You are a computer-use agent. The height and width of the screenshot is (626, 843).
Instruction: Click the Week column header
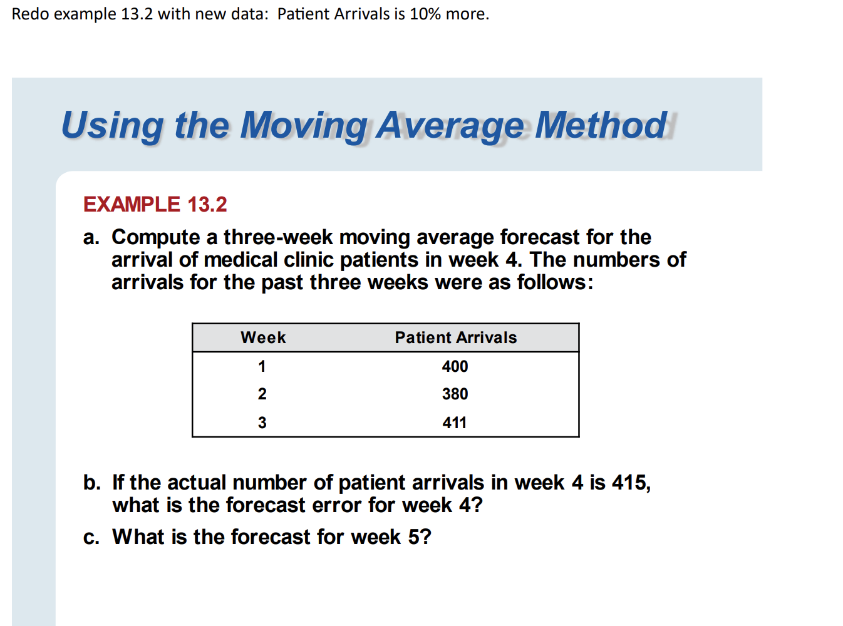pos(263,337)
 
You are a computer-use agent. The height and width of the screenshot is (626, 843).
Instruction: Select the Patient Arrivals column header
pos(455,337)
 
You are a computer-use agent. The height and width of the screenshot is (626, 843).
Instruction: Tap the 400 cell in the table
pos(455,366)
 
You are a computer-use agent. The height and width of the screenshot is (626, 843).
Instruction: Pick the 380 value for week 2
pos(455,394)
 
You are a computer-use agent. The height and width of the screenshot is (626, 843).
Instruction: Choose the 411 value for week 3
pos(455,423)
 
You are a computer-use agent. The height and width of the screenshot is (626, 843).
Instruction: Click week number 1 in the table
pos(262,366)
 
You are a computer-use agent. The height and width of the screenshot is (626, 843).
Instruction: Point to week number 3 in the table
pos(262,423)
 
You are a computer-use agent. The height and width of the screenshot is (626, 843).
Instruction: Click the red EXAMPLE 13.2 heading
pos(155,204)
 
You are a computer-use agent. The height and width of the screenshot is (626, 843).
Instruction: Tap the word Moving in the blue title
pos(304,125)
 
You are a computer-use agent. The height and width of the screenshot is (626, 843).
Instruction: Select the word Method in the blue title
pos(601,125)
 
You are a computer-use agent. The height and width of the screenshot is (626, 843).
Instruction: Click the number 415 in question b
pos(630,483)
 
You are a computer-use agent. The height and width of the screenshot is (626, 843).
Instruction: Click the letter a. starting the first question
pos(91,238)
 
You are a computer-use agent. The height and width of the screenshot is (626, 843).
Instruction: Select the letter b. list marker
pos(91,483)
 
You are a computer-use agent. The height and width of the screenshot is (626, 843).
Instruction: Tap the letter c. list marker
pos(91,537)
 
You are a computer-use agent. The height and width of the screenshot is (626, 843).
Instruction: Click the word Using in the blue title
pos(112,125)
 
